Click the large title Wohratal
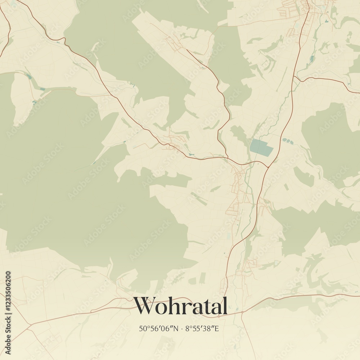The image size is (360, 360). pos(181,306)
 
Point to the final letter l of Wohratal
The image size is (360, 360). pos(225,306)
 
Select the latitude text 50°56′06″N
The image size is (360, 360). pos(158,328)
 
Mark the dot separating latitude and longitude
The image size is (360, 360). pos(183,329)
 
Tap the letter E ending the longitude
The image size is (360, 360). pos(217,328)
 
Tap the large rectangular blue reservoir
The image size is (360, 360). pos(262,148)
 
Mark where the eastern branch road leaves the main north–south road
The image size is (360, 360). pos(294,76)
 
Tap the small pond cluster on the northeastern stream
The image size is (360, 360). pos(312,58)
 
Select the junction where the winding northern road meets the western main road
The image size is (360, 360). pos(228,157)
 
